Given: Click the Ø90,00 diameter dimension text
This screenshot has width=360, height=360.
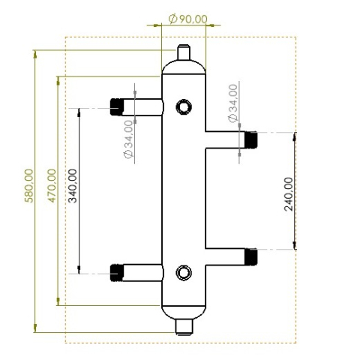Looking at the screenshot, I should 188,19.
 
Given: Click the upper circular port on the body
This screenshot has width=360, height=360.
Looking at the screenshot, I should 183,107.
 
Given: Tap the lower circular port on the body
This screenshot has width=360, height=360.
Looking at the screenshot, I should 183,272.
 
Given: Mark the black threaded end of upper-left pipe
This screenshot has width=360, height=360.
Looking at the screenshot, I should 116,107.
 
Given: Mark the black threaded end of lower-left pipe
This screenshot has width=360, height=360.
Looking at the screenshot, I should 116,273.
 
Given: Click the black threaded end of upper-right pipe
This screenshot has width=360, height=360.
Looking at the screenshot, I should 250,139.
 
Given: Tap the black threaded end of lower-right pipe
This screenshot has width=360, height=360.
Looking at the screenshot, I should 250,256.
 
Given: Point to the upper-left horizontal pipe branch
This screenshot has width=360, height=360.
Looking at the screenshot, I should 142,107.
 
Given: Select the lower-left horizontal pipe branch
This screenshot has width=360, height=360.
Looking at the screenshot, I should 142,273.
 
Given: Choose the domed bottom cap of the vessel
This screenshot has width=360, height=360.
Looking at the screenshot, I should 184,310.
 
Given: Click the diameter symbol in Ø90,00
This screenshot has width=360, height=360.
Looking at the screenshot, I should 172,19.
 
